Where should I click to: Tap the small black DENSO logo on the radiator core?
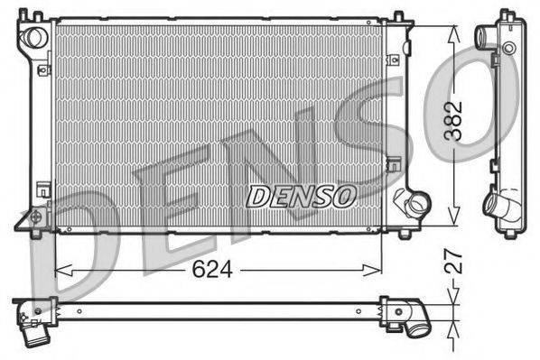[x=303, y=193]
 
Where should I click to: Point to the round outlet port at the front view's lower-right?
[x=416, y=205]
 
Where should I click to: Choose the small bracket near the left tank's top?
[x=42, y=66]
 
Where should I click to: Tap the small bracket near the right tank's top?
[x=394, y=60]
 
